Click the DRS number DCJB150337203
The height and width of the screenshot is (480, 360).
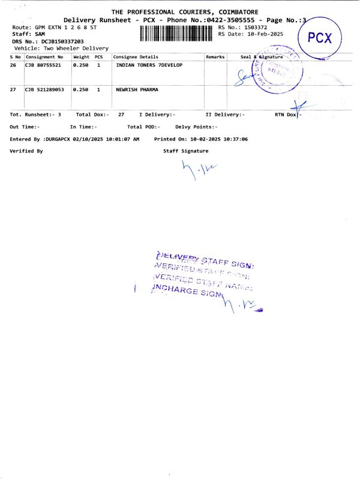click(x=62, y=41)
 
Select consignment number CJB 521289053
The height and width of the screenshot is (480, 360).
click(x=44, y=89)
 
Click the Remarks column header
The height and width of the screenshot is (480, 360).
click(x=215, y=56)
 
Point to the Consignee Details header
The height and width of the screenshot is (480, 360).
click(x=136, y=56)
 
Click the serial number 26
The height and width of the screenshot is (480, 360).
click(x=13, y=65)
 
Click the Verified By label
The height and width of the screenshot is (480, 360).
click(x=26, y=151)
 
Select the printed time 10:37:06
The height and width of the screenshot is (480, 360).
click(x=236, y=139)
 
